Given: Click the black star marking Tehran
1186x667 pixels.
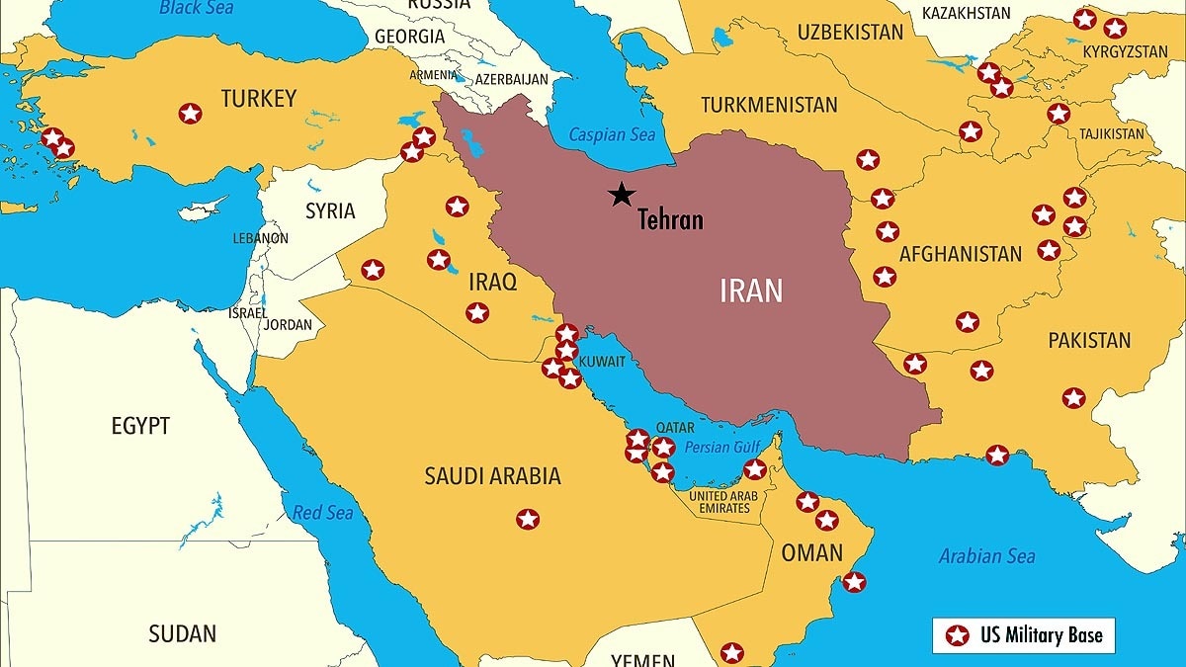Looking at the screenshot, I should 621,195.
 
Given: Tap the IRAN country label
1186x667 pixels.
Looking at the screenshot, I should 751,291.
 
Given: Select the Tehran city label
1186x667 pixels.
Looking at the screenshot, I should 670,219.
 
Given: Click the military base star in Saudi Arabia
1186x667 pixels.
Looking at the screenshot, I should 528,519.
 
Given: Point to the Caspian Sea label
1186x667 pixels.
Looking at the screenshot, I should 612,135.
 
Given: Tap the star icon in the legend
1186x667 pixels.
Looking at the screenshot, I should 957,635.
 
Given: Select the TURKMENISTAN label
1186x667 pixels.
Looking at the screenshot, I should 769,105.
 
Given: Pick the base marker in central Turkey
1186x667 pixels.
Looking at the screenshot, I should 190,114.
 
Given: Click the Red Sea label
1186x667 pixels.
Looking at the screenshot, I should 322,513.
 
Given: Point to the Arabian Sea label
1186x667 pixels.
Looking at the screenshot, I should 986,556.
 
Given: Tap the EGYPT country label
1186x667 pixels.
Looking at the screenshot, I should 140,426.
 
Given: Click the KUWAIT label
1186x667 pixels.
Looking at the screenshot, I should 602,362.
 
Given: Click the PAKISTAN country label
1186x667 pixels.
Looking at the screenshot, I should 1089,341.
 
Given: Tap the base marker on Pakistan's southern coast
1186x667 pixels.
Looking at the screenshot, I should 997,456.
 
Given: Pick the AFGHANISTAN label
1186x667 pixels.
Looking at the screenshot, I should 960,254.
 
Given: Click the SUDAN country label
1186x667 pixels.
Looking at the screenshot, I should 182,633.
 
